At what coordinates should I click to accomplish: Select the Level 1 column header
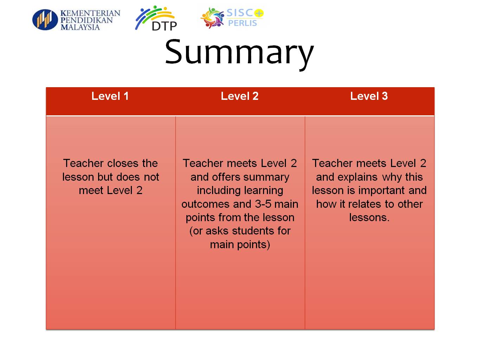click(x=110, y=96)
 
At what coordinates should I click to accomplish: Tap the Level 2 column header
click(x=239, y=96)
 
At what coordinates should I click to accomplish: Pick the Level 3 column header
click(x=369, y=96)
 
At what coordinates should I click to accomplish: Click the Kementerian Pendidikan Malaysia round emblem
click(x=45, y=20)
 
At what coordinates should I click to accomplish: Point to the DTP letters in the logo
click(x=164, y=26)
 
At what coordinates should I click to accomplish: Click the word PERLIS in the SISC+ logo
click(x=242, y=23)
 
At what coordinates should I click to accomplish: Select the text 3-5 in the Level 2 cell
click(x=263, y=204)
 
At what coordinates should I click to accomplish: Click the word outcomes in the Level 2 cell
click(x=205, y=204)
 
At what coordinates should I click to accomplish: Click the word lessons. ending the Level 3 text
click(x=369, y=218)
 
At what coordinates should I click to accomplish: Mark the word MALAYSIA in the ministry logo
click(x=80, y=27)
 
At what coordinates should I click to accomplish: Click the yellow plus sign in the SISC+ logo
click(x=259, y=13)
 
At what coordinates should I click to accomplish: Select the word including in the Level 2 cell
click(x=240, y=191)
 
